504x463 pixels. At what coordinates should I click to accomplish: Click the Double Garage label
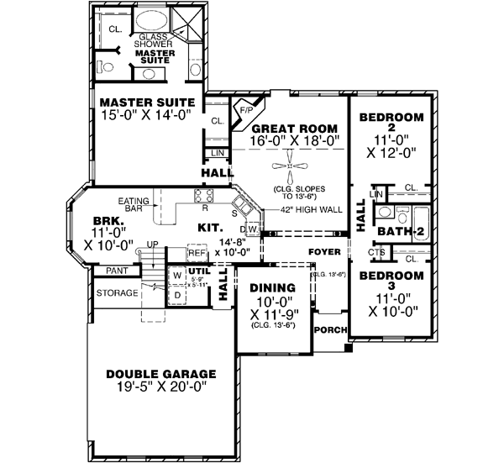[160, 374]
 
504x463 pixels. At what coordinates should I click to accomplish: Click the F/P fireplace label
[247, 109]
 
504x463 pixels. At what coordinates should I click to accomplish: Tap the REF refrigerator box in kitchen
[197, 252]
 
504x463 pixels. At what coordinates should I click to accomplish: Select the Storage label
[117, 293]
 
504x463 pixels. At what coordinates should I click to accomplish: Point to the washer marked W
[177, 274]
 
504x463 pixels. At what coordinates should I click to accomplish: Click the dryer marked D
[177, 295]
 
